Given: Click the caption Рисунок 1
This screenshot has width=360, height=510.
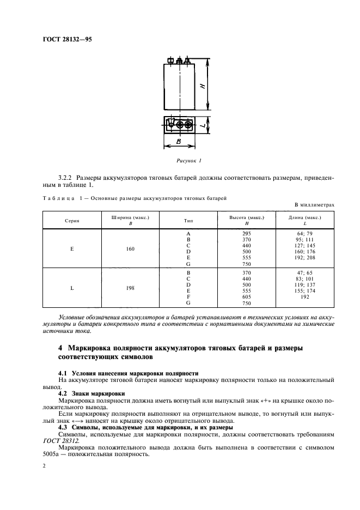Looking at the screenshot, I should click(x=189, y=161).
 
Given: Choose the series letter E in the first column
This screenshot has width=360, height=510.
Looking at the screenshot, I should click(x=72, y=248).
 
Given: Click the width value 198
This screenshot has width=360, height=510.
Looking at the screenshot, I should click(x=130, y=287).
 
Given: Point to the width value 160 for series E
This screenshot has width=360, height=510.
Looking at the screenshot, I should click(x=130, y=248).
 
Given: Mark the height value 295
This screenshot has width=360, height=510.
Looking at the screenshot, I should click(x=247, y=233).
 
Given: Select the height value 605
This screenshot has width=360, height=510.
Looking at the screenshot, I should click(x=247, y=296).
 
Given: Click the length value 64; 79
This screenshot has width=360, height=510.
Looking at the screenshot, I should click(x=304, y=233).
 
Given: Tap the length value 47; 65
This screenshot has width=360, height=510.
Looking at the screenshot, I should click(x=304, y=272).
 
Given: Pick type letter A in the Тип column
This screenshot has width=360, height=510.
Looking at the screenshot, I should click(x=188, y=233).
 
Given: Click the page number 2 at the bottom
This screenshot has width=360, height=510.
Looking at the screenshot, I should click(x=44, y=467).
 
